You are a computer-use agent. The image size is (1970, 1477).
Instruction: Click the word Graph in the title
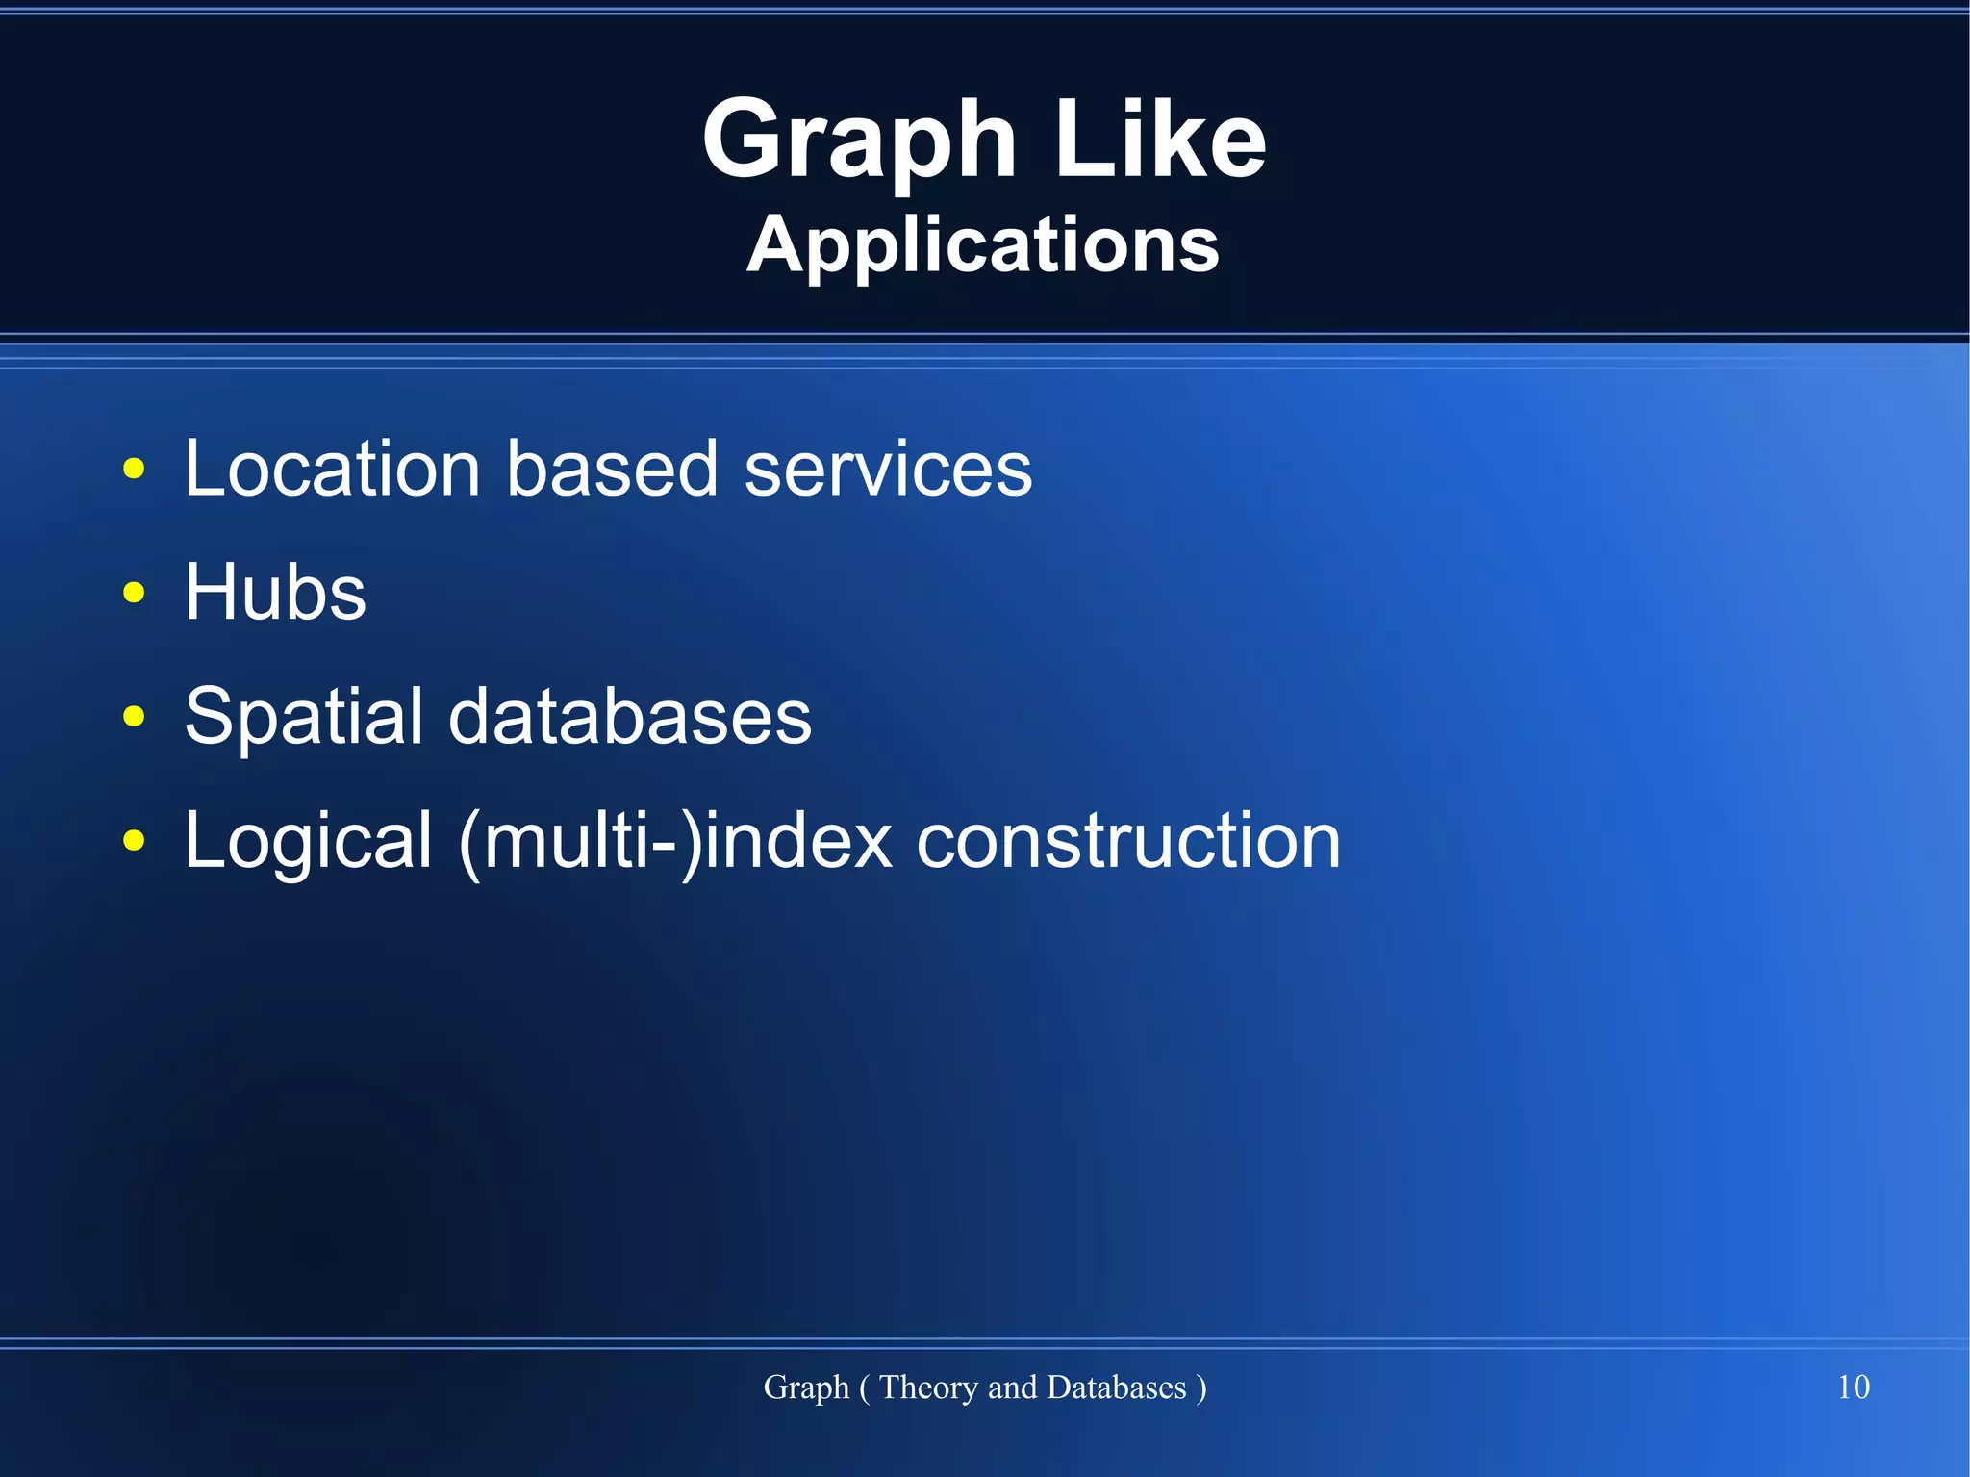(859, 142)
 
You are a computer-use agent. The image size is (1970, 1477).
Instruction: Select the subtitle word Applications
(983, 245)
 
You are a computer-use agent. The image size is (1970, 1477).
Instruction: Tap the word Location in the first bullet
(332, 469)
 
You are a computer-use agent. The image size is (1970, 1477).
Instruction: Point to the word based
(612, 469)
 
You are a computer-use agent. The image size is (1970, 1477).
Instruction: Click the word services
(888, 469)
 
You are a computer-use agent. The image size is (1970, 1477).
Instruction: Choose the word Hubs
(275, 592)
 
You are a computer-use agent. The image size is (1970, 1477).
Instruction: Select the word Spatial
(303, 717)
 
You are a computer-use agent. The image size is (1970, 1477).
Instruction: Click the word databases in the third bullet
(630, 717)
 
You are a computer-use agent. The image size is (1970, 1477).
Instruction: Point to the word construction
(1127, 841)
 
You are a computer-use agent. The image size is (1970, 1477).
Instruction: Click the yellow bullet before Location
(134, 470)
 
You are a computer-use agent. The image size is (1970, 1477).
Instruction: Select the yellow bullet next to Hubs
(134, 593)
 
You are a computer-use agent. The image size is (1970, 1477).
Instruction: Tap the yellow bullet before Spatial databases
(134, 717)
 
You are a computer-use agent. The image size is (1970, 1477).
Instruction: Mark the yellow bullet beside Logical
(134, 841)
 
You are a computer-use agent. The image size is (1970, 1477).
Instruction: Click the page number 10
(1853, 1387)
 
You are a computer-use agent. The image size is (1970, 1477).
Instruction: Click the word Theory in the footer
(929, 1388)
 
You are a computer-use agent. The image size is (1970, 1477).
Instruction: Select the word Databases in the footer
(1116, 1388)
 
